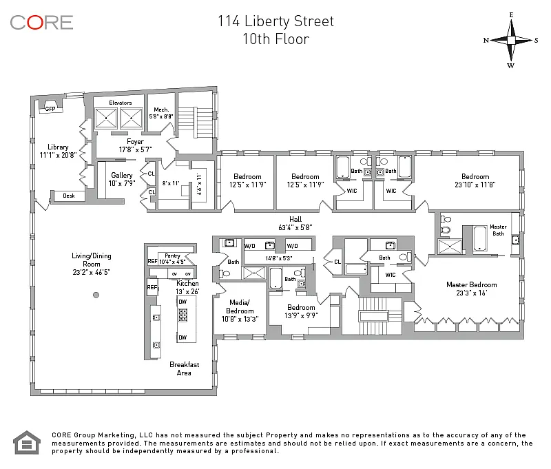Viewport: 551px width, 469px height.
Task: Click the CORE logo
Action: [x=41, y=23]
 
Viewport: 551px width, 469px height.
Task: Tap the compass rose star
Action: [x=511, y=41]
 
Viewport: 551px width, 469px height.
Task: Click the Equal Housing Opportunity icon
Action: [x=27, y=442]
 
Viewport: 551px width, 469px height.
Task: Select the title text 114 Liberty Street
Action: [x=276, y=21]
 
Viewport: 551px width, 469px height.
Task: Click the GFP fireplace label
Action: [x=50, y=109]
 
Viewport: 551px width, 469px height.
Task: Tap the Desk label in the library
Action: [x=69, y=196]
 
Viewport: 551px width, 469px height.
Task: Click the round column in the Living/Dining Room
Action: [x=96, y=295]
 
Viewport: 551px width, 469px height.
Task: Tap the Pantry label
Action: [x=172, y=256]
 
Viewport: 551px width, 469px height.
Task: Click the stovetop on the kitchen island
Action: [x=183, y=315]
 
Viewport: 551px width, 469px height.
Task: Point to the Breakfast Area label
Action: [x=185, y=368]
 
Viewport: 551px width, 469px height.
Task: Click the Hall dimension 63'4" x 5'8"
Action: [x=295, y=227]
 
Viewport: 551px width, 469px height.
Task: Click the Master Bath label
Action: [x=498, y=230]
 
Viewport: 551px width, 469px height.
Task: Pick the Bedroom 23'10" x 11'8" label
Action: [x=475, y=180]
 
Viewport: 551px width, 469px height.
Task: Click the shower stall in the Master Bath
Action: [x=450, y=247]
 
